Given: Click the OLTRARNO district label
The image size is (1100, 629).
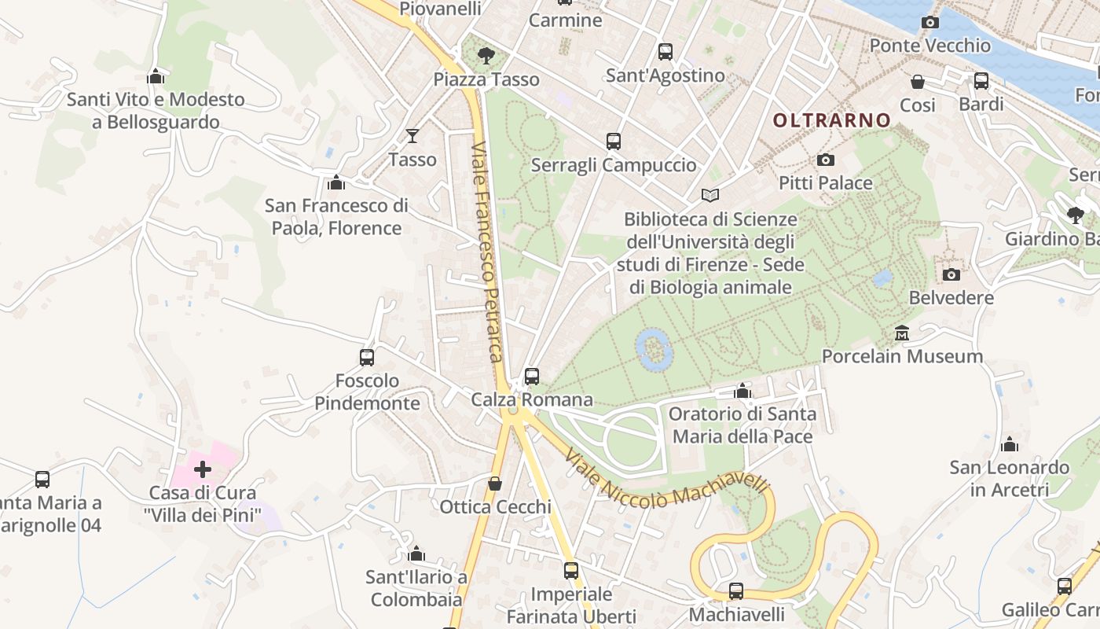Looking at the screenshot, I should click(832, 120).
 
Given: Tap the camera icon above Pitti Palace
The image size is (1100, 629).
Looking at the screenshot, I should click(826, 160).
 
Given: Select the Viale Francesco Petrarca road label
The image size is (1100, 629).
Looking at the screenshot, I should click(486, 252).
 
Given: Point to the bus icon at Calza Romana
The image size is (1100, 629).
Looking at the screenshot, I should click(532, 377).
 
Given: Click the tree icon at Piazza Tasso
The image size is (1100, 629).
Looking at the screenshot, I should click(486, 56).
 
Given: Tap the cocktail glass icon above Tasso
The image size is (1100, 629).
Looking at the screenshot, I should click(412, 136).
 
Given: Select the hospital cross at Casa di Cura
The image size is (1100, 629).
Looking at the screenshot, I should click(203, 470).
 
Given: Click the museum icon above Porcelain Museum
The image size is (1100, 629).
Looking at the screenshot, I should click(902, 333).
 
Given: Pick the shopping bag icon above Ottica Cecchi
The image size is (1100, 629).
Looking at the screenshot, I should click(495, 484).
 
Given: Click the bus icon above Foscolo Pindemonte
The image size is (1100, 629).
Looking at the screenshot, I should click(367, 358).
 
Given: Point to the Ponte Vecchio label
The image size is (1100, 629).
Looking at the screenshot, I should click(929, 46).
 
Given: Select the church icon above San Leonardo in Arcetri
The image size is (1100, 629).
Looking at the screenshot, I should click(1010, 445).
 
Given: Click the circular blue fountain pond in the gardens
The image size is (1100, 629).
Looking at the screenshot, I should click(654, 350).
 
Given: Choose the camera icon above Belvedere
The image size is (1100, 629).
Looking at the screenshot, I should click(951, 274).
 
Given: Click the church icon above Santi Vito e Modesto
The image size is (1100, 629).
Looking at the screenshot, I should click(156, 77).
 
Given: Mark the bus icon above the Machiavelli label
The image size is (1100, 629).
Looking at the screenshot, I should click(736, 591).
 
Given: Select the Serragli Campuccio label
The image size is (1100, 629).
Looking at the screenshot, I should click(614, 165).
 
